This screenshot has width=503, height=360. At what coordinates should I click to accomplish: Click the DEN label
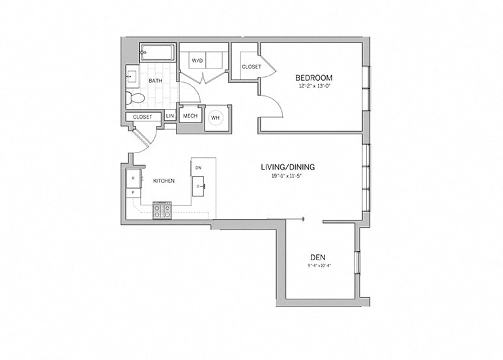click(318, 256)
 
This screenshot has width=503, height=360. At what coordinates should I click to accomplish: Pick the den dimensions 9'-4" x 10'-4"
click(318, 265)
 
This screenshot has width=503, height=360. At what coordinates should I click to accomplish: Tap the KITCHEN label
click(164, 181)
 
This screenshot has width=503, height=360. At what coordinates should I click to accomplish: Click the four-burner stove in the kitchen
click(162, 210)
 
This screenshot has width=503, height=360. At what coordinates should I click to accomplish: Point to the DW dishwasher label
click(198, 168)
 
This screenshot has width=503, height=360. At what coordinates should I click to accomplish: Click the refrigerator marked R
click(134, 177)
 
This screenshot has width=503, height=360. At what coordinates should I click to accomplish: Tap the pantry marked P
click(134, 193)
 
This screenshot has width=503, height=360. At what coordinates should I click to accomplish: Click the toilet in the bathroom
click(136, 98)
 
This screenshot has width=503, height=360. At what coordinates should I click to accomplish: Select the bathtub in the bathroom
click(157, 52)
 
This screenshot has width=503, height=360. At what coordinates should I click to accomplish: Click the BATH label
click(156, 80)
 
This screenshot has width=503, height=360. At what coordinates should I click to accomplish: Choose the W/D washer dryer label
click(197, 61)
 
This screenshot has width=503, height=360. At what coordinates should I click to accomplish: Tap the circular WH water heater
click(215, 118)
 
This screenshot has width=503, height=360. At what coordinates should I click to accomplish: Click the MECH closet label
click(190, 116)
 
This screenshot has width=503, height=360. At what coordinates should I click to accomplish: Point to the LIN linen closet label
click(169, 116)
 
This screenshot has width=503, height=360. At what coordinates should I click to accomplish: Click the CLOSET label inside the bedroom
click(251, 67)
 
